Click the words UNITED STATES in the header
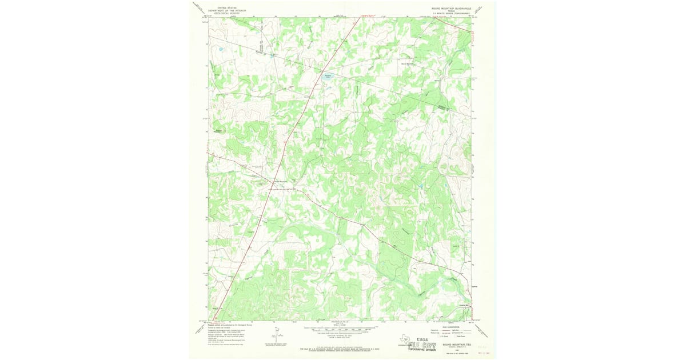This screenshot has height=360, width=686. tap(223, 7)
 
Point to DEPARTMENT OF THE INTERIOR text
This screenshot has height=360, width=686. tap(223, 10)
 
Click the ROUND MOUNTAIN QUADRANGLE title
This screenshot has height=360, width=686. tap(451, 8)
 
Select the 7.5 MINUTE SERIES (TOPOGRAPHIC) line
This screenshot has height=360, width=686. tap(451, 13)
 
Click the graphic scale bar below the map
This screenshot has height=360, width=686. tap(340, 330)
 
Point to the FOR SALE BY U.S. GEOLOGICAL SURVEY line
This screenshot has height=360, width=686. tap(340, 347)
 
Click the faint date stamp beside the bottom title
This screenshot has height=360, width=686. tap(484, 346)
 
